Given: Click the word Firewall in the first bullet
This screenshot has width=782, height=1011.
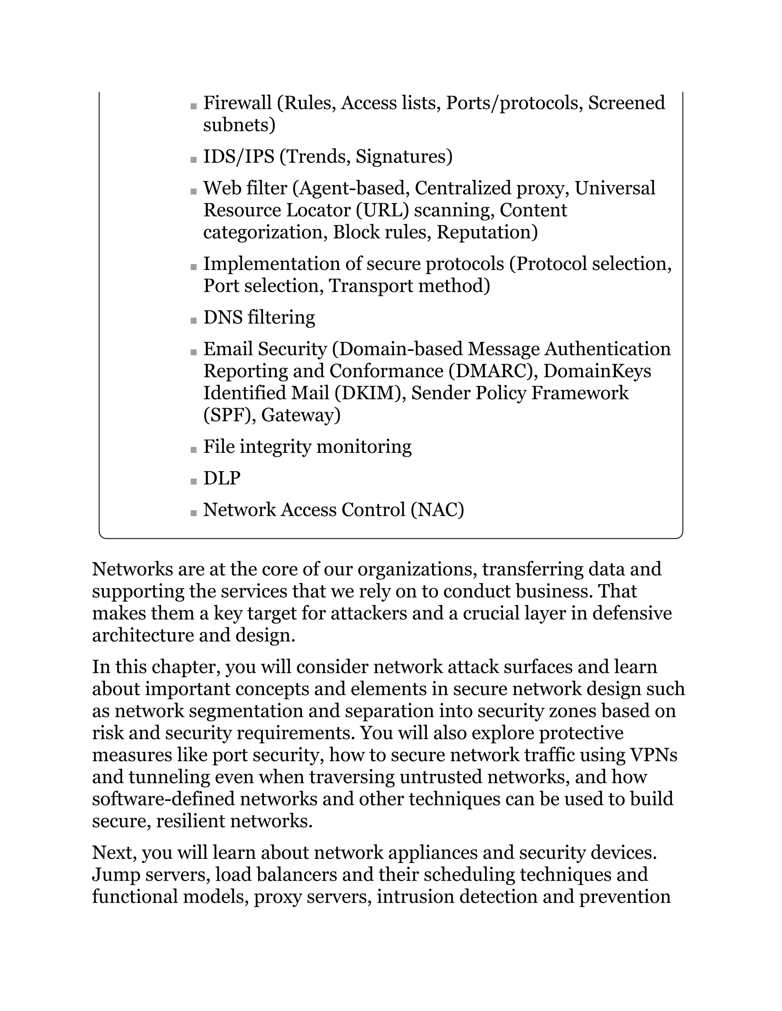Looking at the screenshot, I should pyautogui.click(x=238, y=103).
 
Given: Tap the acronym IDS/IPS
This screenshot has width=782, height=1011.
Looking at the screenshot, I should pyautogui.click(x=239, y=156).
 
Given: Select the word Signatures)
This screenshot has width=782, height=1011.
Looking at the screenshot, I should pyautogui.click(x=404, y=156).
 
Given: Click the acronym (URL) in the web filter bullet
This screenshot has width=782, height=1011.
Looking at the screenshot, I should pyautogui.click(x=382, y=210).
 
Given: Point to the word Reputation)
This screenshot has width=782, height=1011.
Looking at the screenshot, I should pyautogui.click(x=487, y=232).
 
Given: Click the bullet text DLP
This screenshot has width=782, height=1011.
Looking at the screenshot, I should pyautogui.click(x=222, y=478).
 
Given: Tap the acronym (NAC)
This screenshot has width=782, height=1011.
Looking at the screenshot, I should pyautogui.click(x=437, y=510).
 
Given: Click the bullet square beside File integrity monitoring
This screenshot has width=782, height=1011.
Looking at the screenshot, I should pyautogui.click(x=194, y=449).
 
